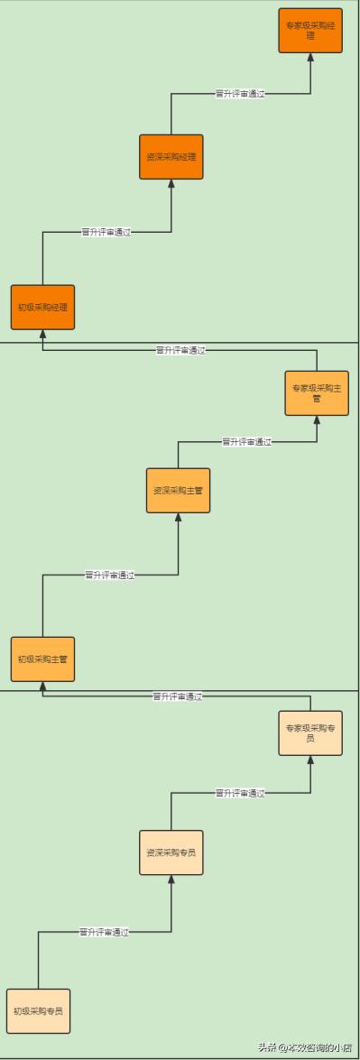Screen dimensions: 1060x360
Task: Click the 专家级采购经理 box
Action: (310, 31)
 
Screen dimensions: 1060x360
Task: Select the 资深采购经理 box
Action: (171, 157)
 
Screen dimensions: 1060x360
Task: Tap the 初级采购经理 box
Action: (42, 308)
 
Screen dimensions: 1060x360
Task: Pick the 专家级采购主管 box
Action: (317, 393)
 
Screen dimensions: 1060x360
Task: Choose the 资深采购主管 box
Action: (178, 491)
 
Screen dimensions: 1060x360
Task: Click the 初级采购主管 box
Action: (42, 659)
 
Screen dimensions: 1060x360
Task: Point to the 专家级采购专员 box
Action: (310, 733)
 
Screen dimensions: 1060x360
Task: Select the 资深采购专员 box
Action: (171, 853)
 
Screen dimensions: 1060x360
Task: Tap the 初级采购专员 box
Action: (38, 1011)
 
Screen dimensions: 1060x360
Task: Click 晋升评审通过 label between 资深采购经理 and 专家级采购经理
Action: (240, 93)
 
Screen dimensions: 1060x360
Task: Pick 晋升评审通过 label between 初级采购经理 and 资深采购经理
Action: (106, 232)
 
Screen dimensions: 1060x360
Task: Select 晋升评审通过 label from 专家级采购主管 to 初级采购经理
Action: (180, 350)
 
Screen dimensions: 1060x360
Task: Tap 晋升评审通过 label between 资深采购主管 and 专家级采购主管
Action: (246, 442)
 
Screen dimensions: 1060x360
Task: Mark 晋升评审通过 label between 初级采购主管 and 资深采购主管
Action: (109, 575)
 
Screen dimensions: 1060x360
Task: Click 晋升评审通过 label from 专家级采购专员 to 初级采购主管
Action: (177, 696)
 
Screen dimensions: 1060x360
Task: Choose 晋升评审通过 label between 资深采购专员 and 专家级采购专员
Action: (240, 793)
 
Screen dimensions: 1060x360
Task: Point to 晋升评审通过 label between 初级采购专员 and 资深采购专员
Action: (104, 932)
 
